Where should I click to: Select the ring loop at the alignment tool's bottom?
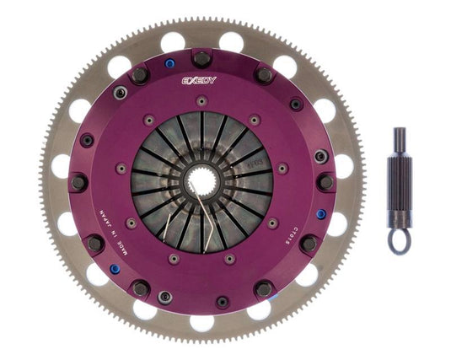pyautogui.click(x=398, y=242)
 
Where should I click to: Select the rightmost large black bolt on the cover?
pyautogui.click(x=325, y=181)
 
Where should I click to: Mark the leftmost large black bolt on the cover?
pyautogui.click(x=78, y=182)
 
